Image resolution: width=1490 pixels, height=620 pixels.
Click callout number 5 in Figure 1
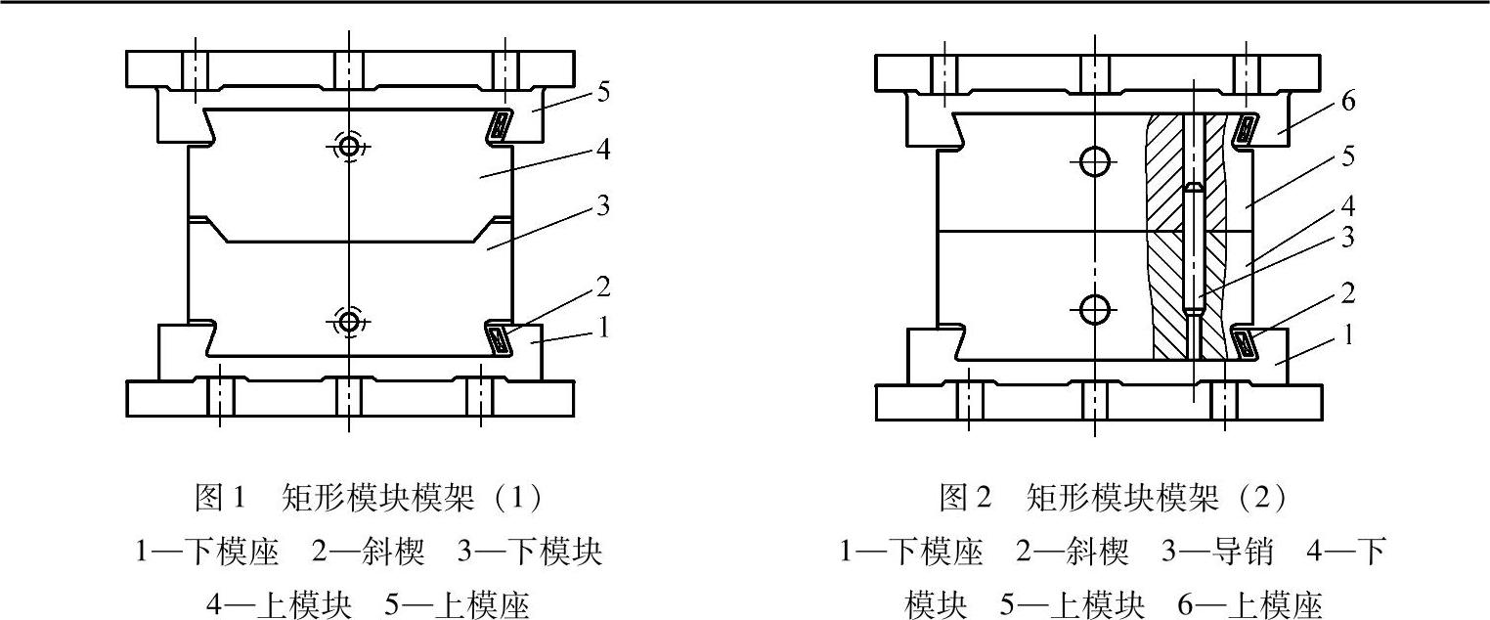click(x=603, y=92)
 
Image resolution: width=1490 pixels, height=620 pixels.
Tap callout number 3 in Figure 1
click(x=603, y=207)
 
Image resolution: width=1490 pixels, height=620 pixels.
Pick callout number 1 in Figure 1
click(x=603, y=328)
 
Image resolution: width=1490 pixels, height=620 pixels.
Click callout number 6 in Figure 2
click(x=1348, y=102)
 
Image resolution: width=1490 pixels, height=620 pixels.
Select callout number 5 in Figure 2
click(x=1348, y=156)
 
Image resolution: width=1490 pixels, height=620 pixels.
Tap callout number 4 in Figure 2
click(x=1348, y=206)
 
